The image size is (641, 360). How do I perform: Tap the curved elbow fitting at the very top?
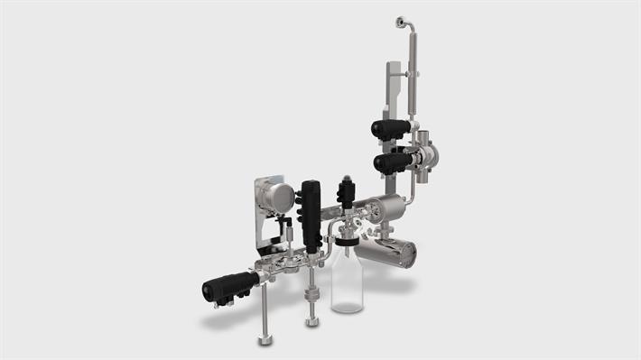pos(403,22)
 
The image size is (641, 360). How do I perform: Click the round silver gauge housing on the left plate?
pos(280,196)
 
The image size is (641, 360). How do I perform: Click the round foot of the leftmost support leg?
pos(265,340)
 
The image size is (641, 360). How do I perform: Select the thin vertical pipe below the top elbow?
pos(413,72)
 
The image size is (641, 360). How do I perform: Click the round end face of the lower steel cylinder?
pos(411,254)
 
